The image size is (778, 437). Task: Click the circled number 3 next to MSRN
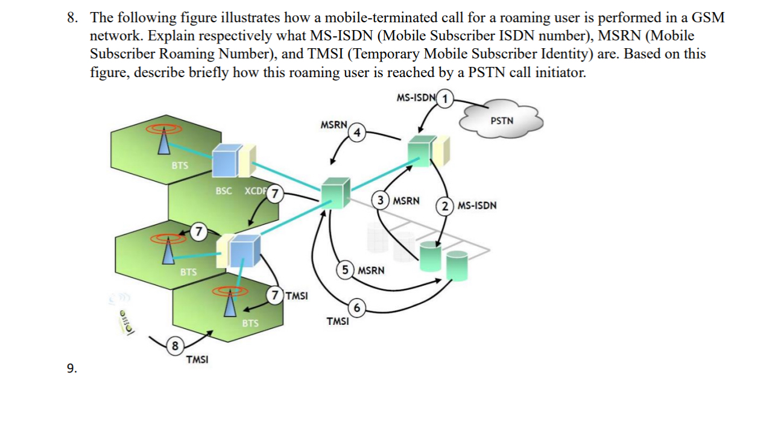[x=381, y=200]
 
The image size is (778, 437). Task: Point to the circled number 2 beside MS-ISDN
[x=445, y=206]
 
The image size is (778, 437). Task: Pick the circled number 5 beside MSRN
[x=345, y=269]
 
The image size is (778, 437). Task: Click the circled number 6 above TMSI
[x=356, y=309]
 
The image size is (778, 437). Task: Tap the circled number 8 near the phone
[x=174, y=346]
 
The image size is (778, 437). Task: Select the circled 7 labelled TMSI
[x=275, y=295]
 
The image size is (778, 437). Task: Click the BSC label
[x=223, y=191]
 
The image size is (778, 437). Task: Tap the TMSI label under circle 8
[x=197, y=360]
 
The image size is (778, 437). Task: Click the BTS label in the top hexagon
[x=179, y=165]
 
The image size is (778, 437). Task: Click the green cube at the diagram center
[x=334, y=193]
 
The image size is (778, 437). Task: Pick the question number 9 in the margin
[x=72, y=369]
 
